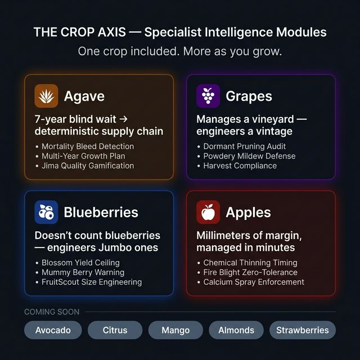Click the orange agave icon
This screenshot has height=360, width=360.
pos(46,96)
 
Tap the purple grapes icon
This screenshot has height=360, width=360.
pos(208,96)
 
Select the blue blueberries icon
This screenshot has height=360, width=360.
pos(46,213)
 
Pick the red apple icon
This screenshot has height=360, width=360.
pos(208,213)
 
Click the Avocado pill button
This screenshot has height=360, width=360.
pos(53,330)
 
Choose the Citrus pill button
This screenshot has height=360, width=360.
pos(115,330)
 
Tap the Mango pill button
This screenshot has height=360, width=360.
pos(175,330)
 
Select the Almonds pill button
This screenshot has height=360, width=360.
pos(236,330)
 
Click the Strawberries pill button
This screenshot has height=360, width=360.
pos(302,330)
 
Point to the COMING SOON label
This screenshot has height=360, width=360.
pos(52,312)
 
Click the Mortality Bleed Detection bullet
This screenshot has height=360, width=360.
pos(88,146)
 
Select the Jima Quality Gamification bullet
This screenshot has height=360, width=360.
pos(88,166)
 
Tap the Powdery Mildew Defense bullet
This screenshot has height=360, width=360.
pos(249,156)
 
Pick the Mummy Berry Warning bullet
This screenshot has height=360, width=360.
pos(83,272)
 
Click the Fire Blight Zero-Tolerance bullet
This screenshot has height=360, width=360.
pos(250,272)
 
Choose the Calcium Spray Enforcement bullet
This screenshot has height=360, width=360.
pos(254,282)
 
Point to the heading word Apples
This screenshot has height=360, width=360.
pos(248,213)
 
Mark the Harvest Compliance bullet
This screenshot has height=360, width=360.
pos(240,166)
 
